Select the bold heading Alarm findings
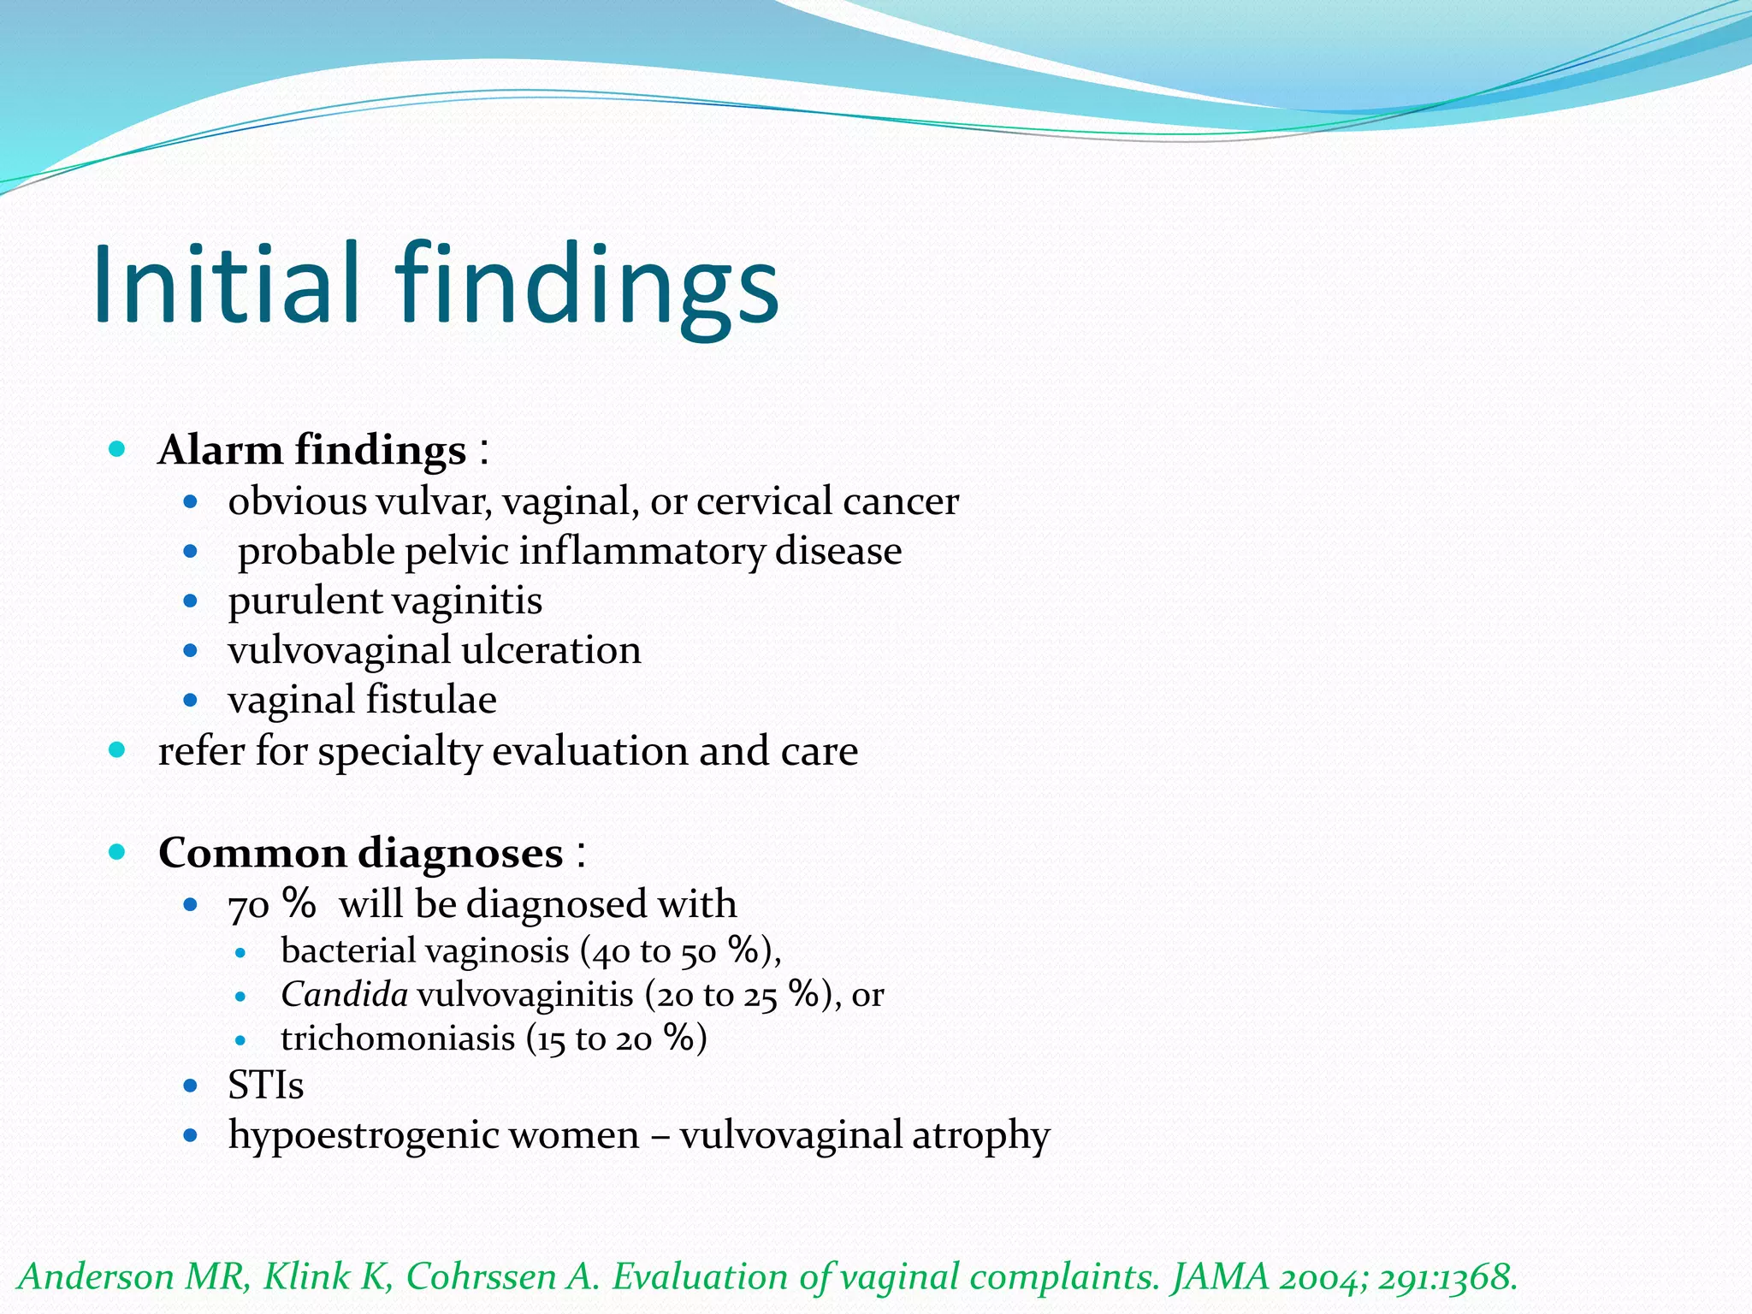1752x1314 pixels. point(312,450)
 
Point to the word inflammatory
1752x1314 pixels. point(642,552)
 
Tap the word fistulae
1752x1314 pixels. point(431,700)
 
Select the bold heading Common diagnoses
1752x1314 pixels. point(360,853)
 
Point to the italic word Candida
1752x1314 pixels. point(344,994)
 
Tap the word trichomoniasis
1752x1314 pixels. point(398,1039)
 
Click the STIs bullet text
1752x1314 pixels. point(265,1086)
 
